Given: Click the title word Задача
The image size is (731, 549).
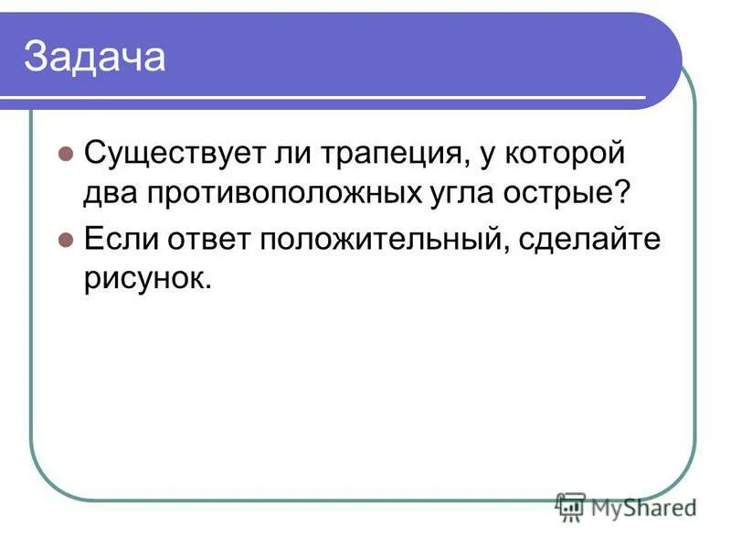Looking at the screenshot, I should click(x=94, y=57).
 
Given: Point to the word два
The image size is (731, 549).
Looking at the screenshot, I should click(x=109, y=194).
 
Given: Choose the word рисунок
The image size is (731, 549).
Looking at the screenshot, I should click(x=145, y=279).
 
